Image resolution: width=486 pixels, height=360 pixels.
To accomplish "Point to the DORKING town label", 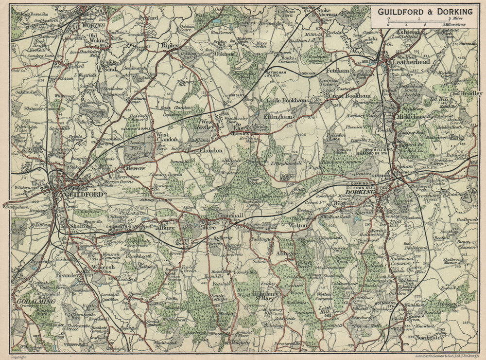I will pos(361,193).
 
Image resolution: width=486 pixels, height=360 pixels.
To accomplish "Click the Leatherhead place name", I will pos(411,62).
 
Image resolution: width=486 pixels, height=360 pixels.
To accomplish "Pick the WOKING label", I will pos(94,25).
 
